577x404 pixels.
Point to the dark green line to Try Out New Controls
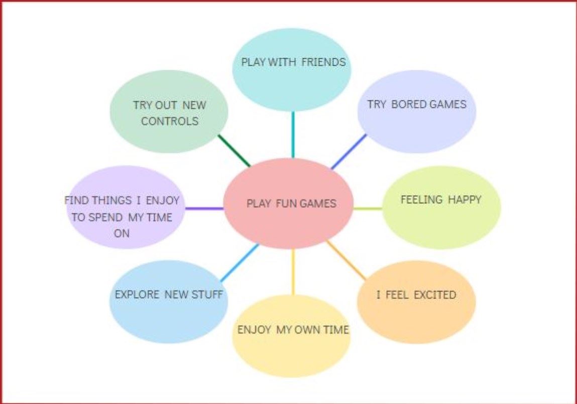[x=234, y=151]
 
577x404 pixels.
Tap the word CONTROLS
[x=170, y=121]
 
